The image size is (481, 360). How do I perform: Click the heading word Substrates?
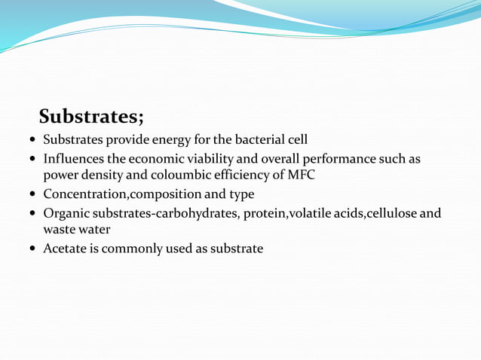pyautogui.click(x=91, y=117)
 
